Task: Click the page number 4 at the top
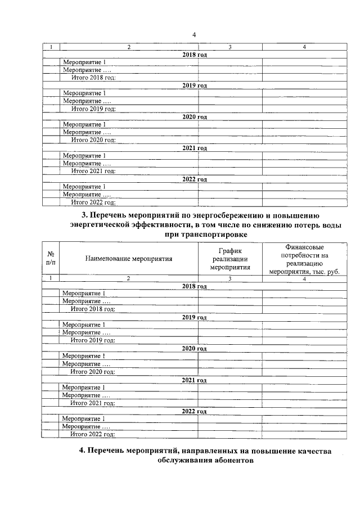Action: [x=193, y=35]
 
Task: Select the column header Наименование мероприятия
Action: [x=129, y=259]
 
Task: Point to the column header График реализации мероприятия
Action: [x=230, y=259]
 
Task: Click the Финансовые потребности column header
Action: [x=304, y=259]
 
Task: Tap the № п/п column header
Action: [x=51, y=259]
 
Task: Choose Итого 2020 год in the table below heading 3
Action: [x=93, y=372]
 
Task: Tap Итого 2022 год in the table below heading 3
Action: [x=93, y=434]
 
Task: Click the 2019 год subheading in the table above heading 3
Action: [x=195, y=85]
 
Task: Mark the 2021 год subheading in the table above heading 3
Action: [x=195, y=148]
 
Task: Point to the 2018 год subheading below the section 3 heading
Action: [x=194, y=286]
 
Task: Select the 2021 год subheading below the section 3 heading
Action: [x=194, y=380]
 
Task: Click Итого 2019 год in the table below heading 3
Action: [x=93, y=340]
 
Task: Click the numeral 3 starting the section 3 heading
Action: [x=84, y=215]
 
